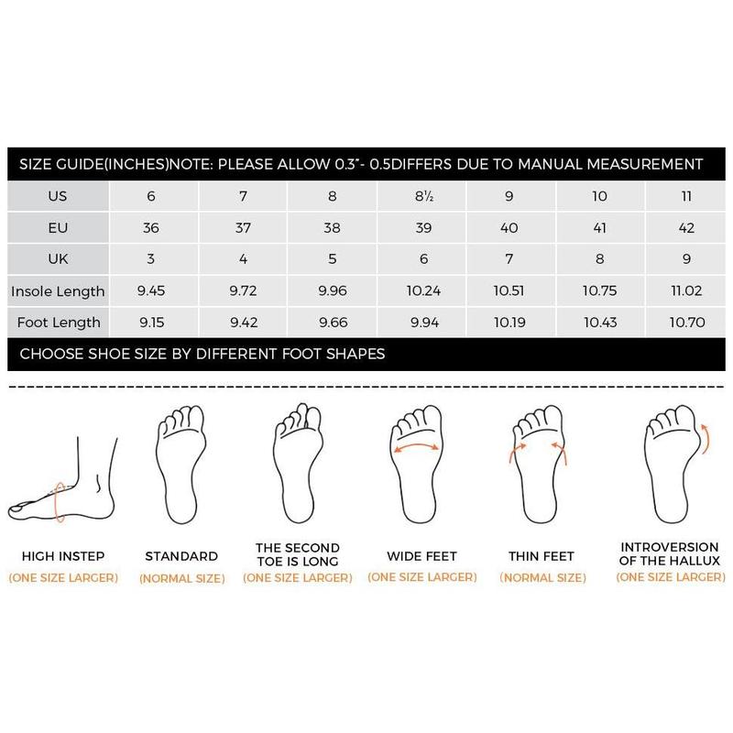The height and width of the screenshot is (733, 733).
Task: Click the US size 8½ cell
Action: pyautogui.click(x=422, y=196)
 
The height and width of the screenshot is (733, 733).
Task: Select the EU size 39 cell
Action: pyautogui.click(x=422, y=228)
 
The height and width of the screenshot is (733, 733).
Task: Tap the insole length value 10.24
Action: pyautogui.click(x=422, y=292)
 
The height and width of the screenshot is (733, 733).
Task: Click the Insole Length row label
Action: pyautogui.click(x=58, y=292)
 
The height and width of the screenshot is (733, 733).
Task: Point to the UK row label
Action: pyautogui.click(x=58, y=260)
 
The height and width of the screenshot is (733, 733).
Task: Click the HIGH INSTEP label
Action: pyautogui.click(x=63, y=556)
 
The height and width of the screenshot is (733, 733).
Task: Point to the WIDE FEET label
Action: pyautogui.click(x=422, y=556)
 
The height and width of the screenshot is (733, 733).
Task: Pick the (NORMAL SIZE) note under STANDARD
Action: pyautogui.click(x=181, y=578)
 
